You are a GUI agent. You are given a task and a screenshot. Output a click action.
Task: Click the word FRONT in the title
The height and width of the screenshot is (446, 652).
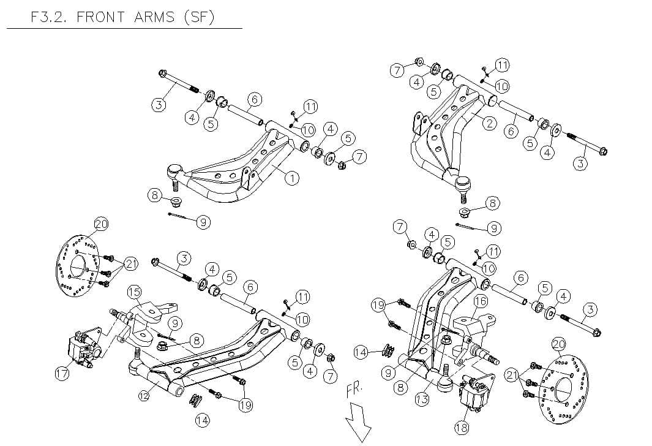(x=102, y=17)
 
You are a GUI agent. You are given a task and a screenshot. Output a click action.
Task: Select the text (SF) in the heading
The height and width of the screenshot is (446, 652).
(x=199, y=17)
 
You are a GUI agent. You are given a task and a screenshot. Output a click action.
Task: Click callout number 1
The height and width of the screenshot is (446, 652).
(x=292, y=178)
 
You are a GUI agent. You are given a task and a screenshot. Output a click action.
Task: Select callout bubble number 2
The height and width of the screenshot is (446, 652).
(x=489, y=123)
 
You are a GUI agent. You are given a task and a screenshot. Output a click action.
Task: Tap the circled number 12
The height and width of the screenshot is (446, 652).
(x=144, y=396)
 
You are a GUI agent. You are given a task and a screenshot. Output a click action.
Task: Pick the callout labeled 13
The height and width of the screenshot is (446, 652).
(x=422, y=399)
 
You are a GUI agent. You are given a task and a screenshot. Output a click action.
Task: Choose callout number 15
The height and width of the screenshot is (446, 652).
(x=134, y=292)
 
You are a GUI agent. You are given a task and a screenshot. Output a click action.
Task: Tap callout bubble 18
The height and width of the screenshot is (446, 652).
(x=461, y=427)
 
